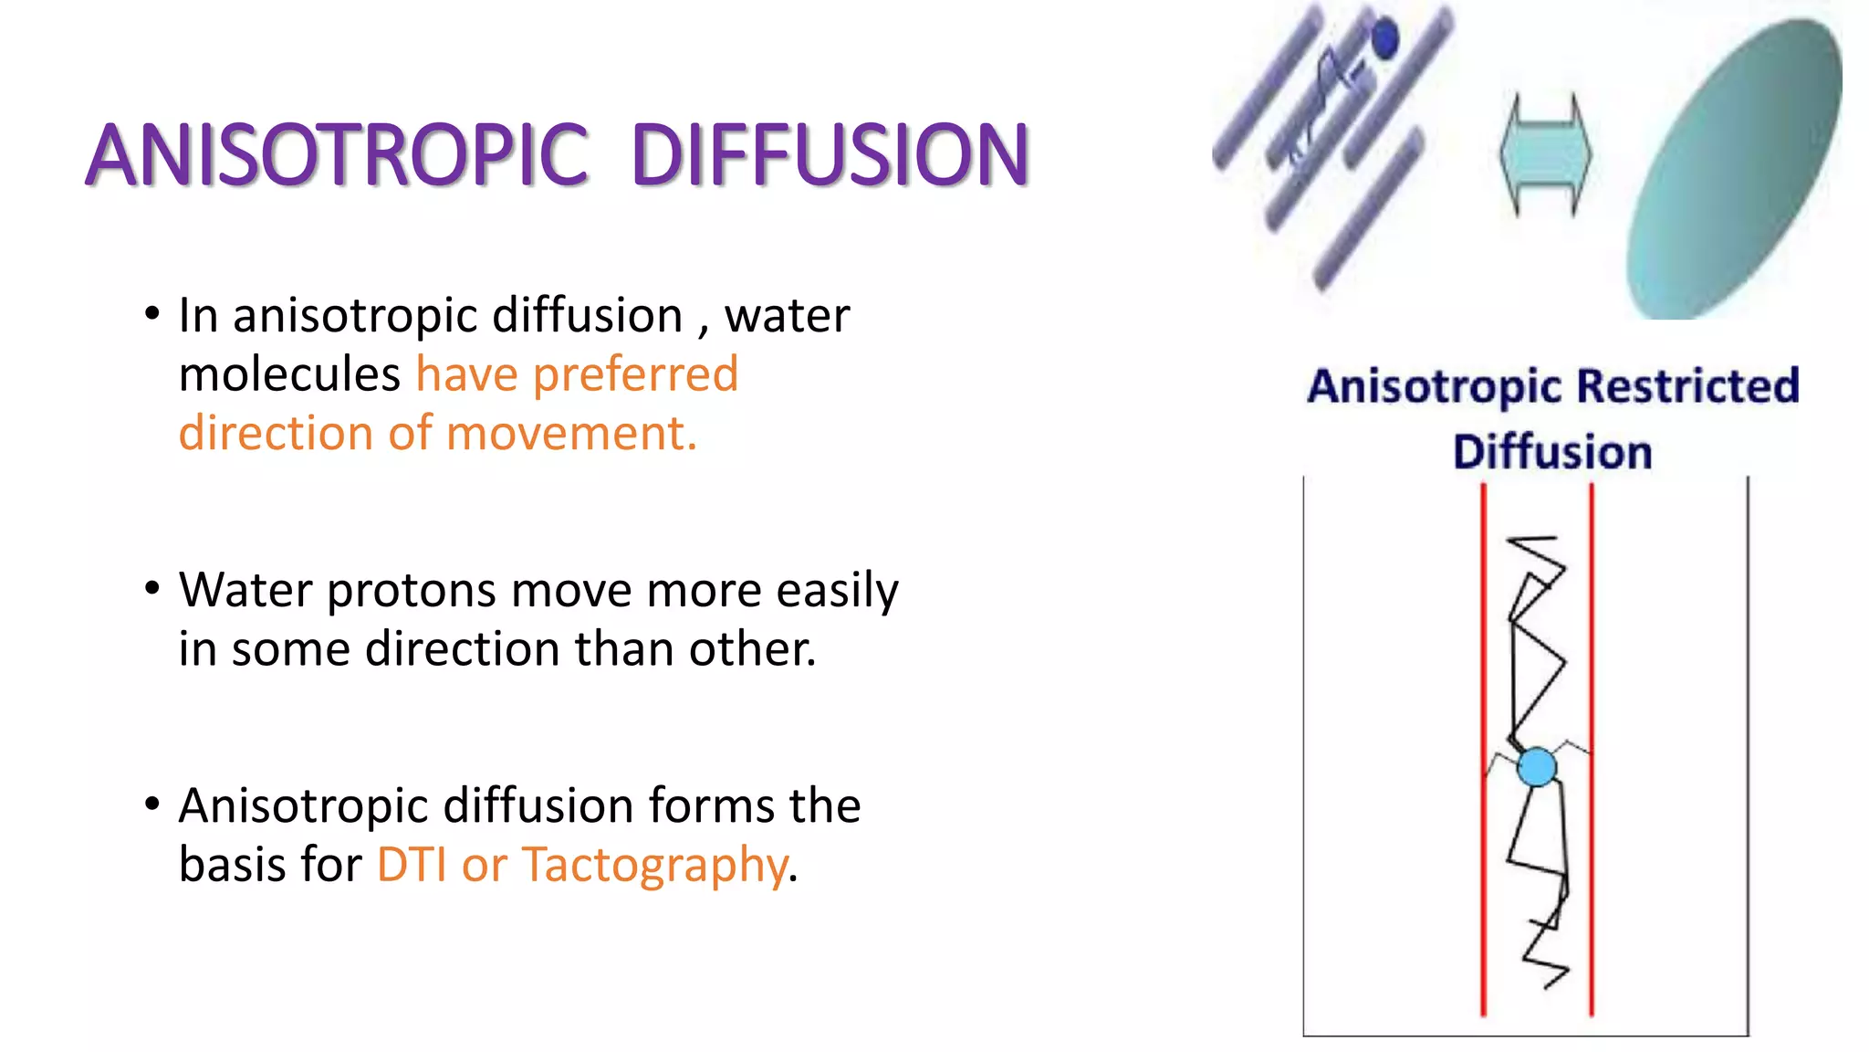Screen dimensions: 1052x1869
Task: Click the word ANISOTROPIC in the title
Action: click(x=338, y=155)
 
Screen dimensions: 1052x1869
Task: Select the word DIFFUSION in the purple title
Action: click(x=830, y=155)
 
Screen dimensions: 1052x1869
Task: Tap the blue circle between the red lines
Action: click(x=1537, y=767)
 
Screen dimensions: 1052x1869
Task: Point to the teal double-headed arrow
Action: click(x=1545, y=154)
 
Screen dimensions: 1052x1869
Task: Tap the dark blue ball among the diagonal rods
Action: click(x=1385, y=39)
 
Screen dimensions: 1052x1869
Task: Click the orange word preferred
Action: click(x=635, y=375)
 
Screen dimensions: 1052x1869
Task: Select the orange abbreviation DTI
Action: click(x=412, y=865)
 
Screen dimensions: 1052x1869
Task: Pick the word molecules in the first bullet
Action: click(x=289, y=375)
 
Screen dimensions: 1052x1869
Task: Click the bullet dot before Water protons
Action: click(x=152, y=587)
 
